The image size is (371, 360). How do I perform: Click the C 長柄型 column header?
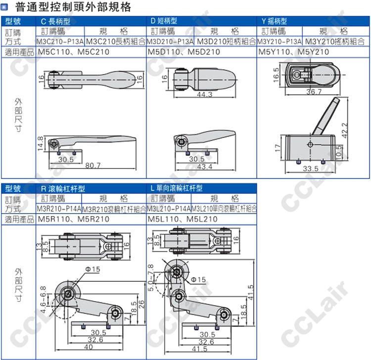click(55, 21)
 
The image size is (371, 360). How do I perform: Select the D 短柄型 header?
click(164, 21)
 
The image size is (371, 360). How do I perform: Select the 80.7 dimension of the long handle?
click(93, 165)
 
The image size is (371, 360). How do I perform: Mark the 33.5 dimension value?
click(311, 169)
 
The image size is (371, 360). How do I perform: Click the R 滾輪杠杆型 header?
click(63, 188)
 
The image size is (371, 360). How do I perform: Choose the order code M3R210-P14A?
click(59, 209)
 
